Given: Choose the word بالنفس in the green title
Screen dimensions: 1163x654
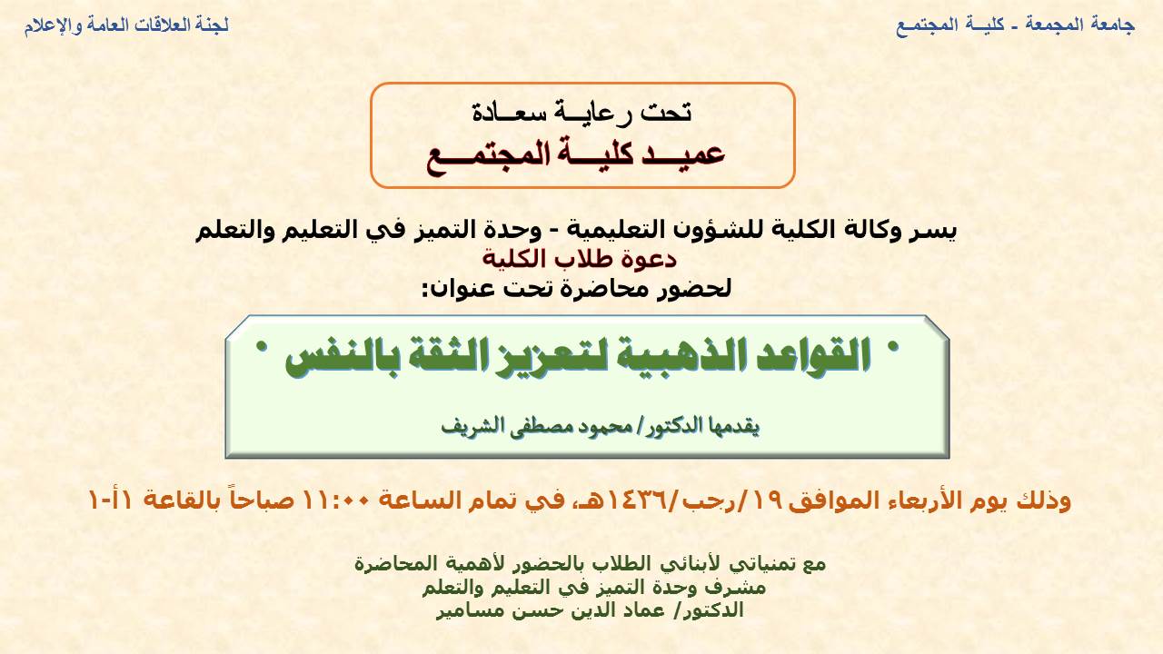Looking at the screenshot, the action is [342, 357].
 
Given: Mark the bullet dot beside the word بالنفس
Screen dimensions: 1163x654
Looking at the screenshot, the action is [263, 347].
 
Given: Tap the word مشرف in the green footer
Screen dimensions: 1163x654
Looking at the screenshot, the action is [740, 588].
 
